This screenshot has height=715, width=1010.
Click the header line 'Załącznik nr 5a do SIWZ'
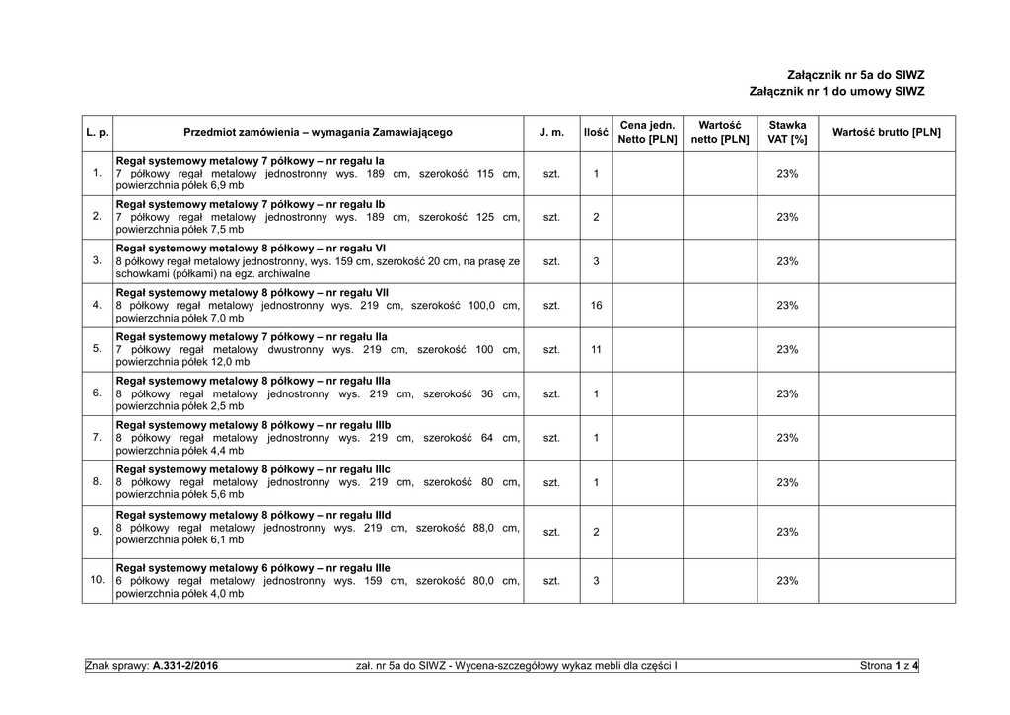point(855,75)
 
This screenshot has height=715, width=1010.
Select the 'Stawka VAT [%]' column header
point(787,132)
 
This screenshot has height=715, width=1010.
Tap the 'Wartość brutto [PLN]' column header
point(887,132)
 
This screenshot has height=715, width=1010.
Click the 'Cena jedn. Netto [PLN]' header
point(647,132)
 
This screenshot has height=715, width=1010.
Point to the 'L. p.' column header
point(97,132)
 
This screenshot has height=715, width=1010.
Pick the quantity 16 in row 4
point(596,306)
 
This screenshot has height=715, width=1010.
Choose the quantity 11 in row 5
point(596,350)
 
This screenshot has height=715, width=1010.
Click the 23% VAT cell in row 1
point(787,174)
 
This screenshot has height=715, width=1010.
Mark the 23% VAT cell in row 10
point(787,580)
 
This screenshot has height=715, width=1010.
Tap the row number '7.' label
point(97,437)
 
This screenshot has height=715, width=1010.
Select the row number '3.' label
point(97,260)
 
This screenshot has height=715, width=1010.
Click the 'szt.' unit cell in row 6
point(551,394)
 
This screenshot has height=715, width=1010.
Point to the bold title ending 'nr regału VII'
point(252,293)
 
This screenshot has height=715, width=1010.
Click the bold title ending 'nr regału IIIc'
point(253,469)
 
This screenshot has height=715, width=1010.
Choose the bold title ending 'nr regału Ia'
point(250,160)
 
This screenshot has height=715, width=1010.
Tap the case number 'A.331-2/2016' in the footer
point(185,667)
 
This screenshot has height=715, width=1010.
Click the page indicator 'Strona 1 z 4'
point(889,667)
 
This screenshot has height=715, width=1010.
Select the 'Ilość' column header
point(596,132)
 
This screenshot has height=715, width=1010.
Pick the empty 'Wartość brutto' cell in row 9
point(887,532)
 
